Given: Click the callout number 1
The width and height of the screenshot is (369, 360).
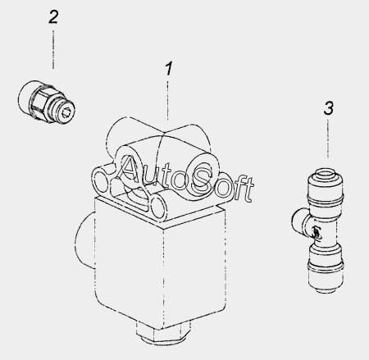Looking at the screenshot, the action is (x=169, y=68).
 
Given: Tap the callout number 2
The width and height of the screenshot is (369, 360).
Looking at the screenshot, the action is (x=53, y=17).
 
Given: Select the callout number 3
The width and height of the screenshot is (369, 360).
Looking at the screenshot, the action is (x=329, y=108).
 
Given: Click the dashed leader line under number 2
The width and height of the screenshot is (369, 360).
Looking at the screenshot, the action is (x=53, y=49).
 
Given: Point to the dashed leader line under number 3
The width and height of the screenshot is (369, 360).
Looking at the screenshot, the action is (x=328, y=139).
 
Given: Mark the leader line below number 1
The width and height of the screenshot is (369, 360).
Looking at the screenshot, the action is (x=167, y=100).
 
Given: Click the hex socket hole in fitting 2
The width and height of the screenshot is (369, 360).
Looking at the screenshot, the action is (x=66, y=112).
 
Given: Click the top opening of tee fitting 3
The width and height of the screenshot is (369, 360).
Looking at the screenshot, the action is (x=325, y=175).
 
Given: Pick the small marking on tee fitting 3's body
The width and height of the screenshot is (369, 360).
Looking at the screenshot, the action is (x=317, y=232).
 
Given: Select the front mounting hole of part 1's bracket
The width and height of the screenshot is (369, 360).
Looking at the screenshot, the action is (x=158, y=207).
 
